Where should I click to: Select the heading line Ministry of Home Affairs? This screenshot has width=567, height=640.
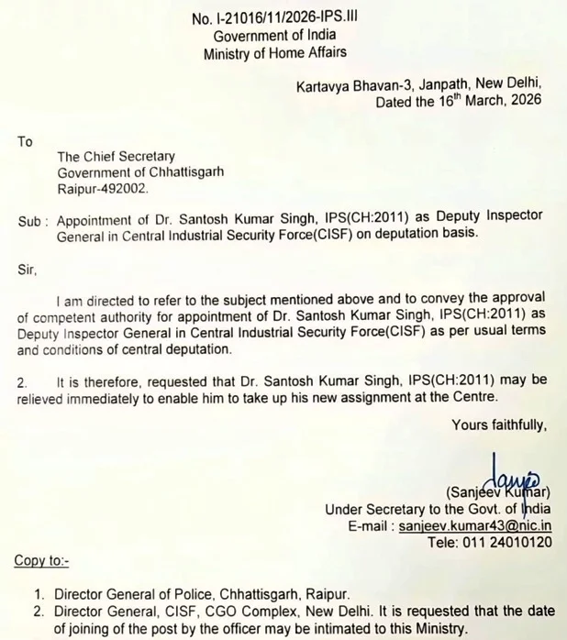(274, 54)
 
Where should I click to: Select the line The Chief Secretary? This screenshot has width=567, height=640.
(116, 157)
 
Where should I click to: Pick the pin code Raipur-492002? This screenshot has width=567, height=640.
(101, 188)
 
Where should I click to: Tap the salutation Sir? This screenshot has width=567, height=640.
(27, 270)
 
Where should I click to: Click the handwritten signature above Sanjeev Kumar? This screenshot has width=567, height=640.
(509, 471)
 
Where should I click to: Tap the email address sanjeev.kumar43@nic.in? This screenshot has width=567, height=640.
(475, 526)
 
